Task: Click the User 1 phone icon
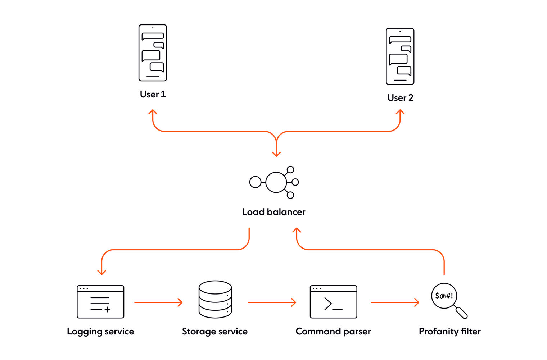pyautogui.click(x=153, y=53)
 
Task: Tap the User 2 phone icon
pyautogui.click(x=400, y=56)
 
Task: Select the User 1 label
pyautogui.click(x=153, y=94)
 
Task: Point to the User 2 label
pyautogui.click(x=400, y=98)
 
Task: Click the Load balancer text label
pyautogui.click(x=274, y=212)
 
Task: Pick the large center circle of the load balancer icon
pyautogui.click(x=276, y=182)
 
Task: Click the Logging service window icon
pyautogui.click(x=100, y=302)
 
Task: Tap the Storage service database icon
pyautogui.click(x=215, y=299)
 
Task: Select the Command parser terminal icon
pyautogui.click(x=333, y=302)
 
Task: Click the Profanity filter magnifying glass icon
pyautogui.click(x=449, y=301)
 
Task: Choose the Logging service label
pyautogui.click(x=100, y=332)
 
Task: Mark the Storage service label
pyautogui.click(x=215, y=332)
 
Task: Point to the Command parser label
pyautogui.click(x=333, y=332)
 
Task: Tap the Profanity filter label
pyautogui.click(x=450, y=332)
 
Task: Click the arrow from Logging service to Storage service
pyautogui.click(x=158, y=302)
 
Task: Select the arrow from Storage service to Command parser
pyautogui.click(x=272, y=302)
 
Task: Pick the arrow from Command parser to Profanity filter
pyautogui.click(x=395, y=302)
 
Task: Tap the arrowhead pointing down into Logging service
pyautogui.click(x=101, y=272)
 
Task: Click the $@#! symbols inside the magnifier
pyautogui.click(x=444, y=296)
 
